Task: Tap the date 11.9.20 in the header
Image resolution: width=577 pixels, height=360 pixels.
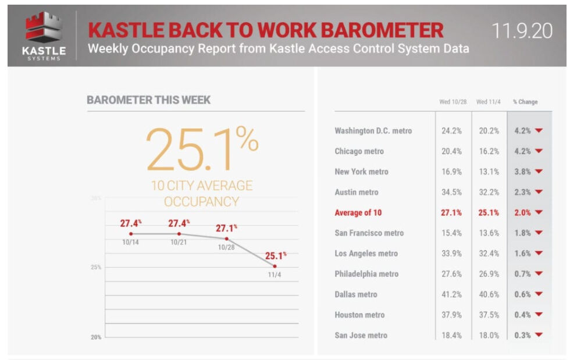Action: [522, 30]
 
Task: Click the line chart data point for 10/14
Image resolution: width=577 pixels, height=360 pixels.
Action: [130, 234]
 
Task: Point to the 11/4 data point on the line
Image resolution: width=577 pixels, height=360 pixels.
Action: [275, 266]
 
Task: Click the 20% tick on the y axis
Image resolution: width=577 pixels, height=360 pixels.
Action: [97, 337]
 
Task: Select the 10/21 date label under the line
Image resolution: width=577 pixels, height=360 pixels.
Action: [179, 242]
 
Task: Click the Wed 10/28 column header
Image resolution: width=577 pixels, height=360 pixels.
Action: [453, 102]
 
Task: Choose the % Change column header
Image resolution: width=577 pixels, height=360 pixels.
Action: [525, 102]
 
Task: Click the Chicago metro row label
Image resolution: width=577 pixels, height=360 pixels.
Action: [359, 151]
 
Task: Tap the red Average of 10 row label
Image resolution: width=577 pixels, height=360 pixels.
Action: [358, 212]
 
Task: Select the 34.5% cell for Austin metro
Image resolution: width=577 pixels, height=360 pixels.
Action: [451, 192]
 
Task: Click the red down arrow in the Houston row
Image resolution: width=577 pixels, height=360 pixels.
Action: [539, 315]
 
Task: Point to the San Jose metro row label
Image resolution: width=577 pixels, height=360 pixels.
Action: [361, 335]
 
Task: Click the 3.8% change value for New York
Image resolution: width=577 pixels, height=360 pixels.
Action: [522, 172]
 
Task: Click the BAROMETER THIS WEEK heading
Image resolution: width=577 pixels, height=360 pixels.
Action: [149, 100]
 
